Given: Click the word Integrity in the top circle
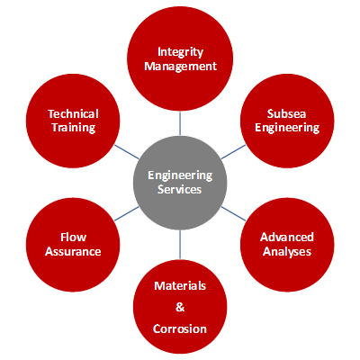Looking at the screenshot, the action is coord(180,52).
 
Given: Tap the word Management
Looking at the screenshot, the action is coord(180,67).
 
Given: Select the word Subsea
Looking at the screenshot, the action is coord(286,114).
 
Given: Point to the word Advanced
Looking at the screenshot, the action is coord(287,237).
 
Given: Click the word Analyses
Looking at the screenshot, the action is coord(287,251).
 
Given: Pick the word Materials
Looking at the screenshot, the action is coord(180,285).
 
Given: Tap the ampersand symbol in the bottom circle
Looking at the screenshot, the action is coord(180,307).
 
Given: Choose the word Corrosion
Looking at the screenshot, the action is coord(180,329).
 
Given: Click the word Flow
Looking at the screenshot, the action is coord(73,237).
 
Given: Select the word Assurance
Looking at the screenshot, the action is coord(73,251).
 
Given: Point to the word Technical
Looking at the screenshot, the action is coord(73,114).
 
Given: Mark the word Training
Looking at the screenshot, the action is coord(74,128).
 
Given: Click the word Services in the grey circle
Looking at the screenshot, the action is coord(180,189).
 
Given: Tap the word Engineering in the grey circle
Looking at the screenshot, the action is coord(180,175).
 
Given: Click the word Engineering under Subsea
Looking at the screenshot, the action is coord(287,128).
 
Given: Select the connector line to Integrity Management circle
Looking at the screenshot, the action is coord(180,123).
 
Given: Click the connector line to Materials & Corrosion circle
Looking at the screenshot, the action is coord(180,244).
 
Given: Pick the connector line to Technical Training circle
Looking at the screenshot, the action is coord(127,152).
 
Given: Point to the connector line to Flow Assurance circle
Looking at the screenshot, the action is coord(127,213).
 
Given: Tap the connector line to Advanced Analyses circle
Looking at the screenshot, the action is coord(233,213).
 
